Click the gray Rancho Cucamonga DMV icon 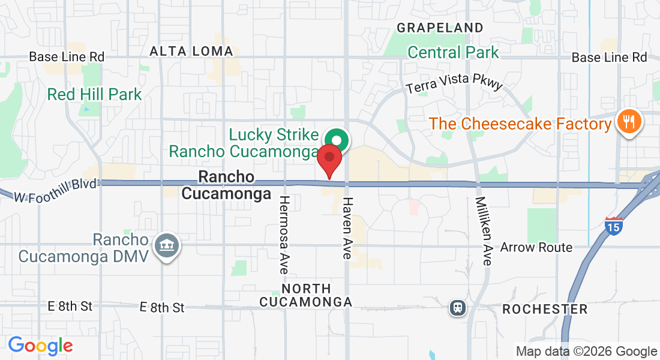point(167,246)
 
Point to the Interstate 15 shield point(613,226)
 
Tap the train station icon point(458,308)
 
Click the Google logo point(40,346)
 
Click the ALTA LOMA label point(191,52)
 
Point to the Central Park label point(453,52)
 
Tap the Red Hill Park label point(95,94)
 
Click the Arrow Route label point(536,247)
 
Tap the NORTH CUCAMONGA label point(305,295)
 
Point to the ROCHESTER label point(545,309)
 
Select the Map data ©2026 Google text point(587,352)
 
